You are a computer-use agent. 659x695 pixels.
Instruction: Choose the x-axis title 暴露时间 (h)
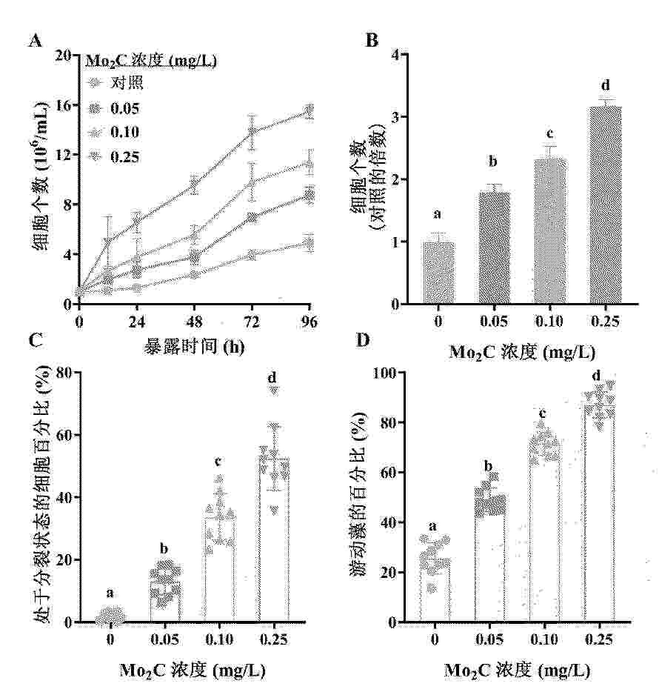194,346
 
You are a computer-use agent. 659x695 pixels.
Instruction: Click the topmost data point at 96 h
309,111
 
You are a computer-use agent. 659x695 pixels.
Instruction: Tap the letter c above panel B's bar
549,134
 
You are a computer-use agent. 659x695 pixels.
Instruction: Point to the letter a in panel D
435,527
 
